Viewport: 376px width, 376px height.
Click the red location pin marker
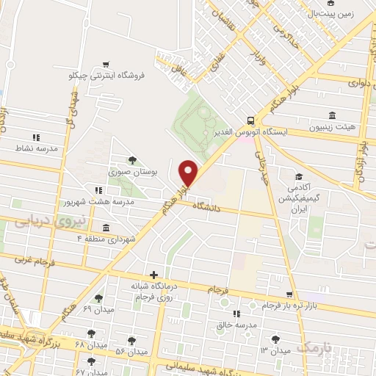tap(189, 172)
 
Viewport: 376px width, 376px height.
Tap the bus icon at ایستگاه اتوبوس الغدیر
tap(251, 120)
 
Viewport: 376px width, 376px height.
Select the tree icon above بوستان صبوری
tap(132, 159)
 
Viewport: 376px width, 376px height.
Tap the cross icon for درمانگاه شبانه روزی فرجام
tap(153, 275)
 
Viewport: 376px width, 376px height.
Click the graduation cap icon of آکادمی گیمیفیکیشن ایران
tap(299, 176)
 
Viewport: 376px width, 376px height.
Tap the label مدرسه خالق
tap(235, 324)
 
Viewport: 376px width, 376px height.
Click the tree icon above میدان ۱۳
tap(275, 339)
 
